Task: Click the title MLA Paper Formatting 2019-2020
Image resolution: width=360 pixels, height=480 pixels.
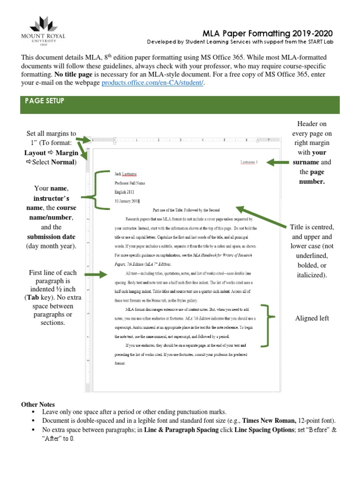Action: tap(267, 33)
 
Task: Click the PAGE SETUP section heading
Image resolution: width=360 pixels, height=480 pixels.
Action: tap(45, 101)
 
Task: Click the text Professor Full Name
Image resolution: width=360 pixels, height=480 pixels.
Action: tap(130, 183)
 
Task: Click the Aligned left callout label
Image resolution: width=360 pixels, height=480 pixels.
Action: tap(312, 318)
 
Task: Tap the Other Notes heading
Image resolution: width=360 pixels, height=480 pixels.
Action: tap(38, 404)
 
